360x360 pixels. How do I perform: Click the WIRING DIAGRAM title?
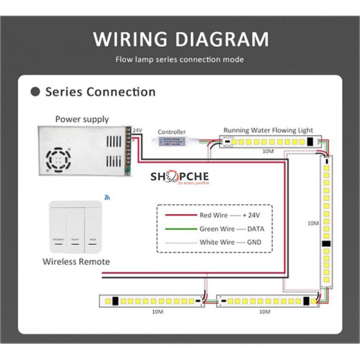180,39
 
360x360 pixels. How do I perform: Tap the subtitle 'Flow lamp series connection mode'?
180,59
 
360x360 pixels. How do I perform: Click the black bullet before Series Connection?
36,92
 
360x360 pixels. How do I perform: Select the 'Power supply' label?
82,119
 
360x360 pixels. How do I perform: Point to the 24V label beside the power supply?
137,130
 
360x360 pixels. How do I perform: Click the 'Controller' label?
171,132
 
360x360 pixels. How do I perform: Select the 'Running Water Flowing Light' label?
268,130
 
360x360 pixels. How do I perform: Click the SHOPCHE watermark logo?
180,177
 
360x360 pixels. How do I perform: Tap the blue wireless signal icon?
107,197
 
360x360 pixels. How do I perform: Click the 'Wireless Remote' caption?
76,261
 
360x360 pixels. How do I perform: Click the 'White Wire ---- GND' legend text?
230,242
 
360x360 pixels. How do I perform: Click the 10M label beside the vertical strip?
313,223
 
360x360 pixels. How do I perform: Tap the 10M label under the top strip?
268,151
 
